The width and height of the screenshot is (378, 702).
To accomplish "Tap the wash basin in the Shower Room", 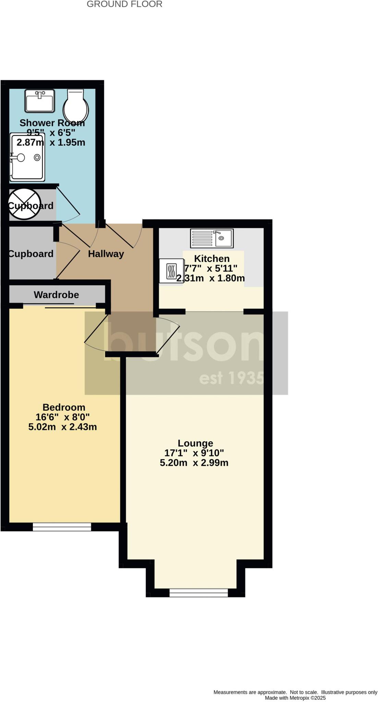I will [x=40, y=101].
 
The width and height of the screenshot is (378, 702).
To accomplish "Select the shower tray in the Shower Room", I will [x=27, y=157].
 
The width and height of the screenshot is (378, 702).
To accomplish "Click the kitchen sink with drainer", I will [x=212, y=238].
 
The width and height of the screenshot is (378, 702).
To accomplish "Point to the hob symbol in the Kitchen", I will [x=171, y=271].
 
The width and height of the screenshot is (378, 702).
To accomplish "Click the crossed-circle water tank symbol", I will [x=25, y=204].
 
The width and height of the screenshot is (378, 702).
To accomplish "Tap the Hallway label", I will [x=106, y=254].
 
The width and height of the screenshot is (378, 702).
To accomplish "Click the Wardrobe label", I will [x=56, y=295].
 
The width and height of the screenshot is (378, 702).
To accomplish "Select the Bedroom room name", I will [x=64, y=407].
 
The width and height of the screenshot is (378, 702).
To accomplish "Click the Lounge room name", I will [x=195, y=443].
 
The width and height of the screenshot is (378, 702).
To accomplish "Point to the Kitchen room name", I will [x=212, y=258].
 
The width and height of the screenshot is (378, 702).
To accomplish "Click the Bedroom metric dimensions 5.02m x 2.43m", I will [x=63, y=427].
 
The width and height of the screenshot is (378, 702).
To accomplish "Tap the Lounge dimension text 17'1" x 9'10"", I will [x=194, y=453].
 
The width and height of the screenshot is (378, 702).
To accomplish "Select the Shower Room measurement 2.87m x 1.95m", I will [x=51, y=143].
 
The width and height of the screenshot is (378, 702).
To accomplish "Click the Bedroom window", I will [x=62, y=527].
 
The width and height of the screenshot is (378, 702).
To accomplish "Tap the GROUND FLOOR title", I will [x=124, y=4].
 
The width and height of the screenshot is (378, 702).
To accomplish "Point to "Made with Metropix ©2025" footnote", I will [x=295, y=698].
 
